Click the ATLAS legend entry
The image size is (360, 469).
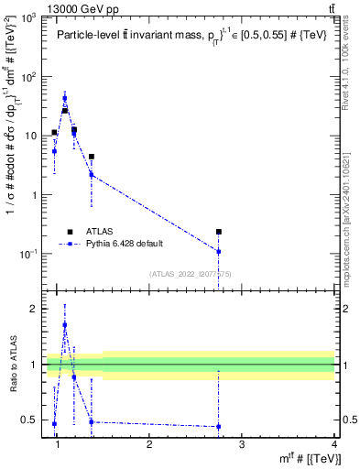coord(102,231)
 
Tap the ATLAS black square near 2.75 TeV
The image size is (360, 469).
coord(219,233)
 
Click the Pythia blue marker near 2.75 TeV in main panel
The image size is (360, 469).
coord(219,251)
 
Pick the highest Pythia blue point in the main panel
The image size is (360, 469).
coord(64,98)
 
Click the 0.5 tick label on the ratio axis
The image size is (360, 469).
coord(27,421)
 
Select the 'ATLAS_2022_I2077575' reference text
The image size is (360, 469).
coord(183,274)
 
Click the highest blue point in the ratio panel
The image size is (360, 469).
coord(64,324)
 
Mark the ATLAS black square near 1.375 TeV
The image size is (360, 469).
coord(92,157)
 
